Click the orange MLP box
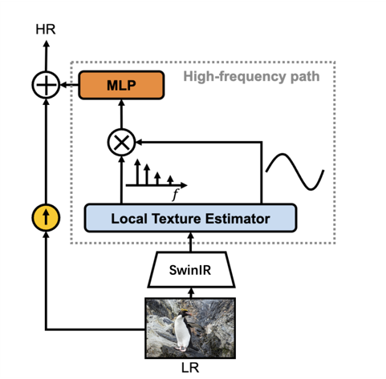pos(121,85)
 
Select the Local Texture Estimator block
pos(190,218)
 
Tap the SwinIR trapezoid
pos(191,269)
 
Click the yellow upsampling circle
pos(46,217)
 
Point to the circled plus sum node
pos(46,85)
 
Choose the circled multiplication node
pos(121,143)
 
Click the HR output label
pos(46,29)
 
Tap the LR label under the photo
pos(190,368)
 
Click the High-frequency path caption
pos(251,76)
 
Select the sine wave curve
pos(295,171)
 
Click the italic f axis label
pos(175,195)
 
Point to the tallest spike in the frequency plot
pos(137,171)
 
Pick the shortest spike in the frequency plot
pos(170,180)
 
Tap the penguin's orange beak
pos(189,313)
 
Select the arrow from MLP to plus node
pos(69,85)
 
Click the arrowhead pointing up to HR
pos(46,44)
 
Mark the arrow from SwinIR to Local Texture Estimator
pos(191,242)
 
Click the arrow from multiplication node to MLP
pos(121,114)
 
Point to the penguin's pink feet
pos(182,348)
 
